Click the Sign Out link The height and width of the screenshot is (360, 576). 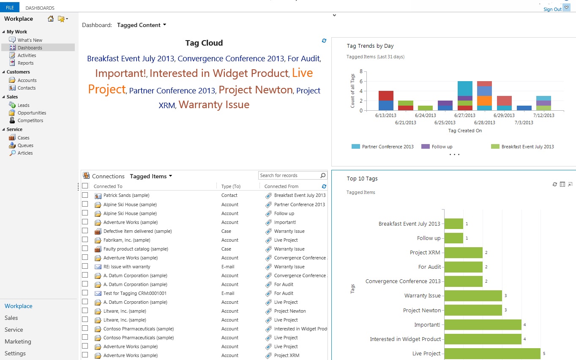(552, 9)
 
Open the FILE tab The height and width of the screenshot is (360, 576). (10, 8)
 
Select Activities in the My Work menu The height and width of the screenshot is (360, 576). (27, 55)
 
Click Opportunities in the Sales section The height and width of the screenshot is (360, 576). (32, 113)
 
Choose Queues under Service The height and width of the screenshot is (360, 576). (25, 145)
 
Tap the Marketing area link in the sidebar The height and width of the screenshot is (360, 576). (18, 341)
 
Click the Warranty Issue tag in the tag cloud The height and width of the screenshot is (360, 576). (214, 105)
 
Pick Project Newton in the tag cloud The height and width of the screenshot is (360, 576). (256, 90)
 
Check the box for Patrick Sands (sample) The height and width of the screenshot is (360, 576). (85, 195)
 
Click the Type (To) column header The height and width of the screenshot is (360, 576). (231, 186)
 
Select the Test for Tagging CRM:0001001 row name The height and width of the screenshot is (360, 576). (135, 293)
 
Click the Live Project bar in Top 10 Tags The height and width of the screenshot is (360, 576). (492, 354)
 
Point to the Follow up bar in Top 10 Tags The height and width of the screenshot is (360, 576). (453, 238)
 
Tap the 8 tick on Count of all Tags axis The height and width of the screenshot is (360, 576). (361, 71)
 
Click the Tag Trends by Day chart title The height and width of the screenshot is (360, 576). (370, 46)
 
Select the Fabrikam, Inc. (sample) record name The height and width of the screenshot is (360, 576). (126, 240)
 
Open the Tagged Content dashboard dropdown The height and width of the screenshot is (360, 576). (142, 25)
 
